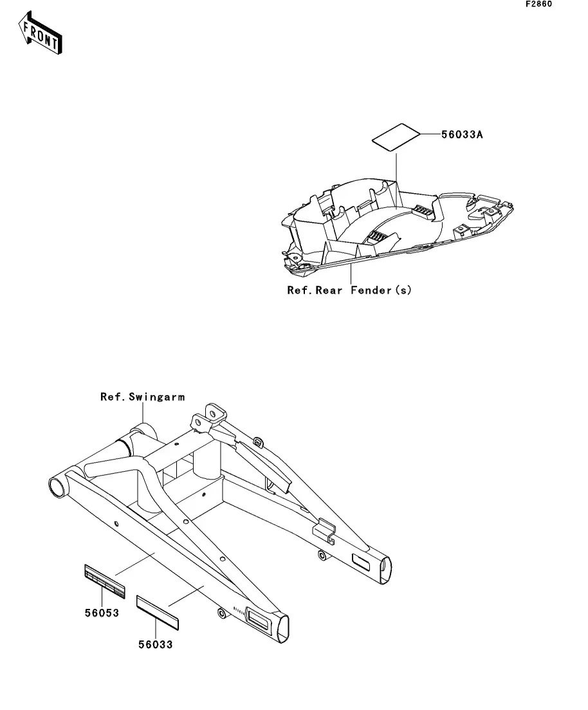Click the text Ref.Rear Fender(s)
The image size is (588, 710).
pos(349,290)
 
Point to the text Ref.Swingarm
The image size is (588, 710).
pos(142,397)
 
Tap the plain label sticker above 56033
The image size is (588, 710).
pos(158,612)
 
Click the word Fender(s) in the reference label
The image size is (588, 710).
pos(381,290)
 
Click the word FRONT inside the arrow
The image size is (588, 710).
pos(42,36)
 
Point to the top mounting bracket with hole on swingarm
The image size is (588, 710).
pos(212,413)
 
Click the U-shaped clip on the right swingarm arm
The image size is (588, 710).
pos(324,529)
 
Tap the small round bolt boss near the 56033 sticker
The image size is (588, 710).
pos(222,614)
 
